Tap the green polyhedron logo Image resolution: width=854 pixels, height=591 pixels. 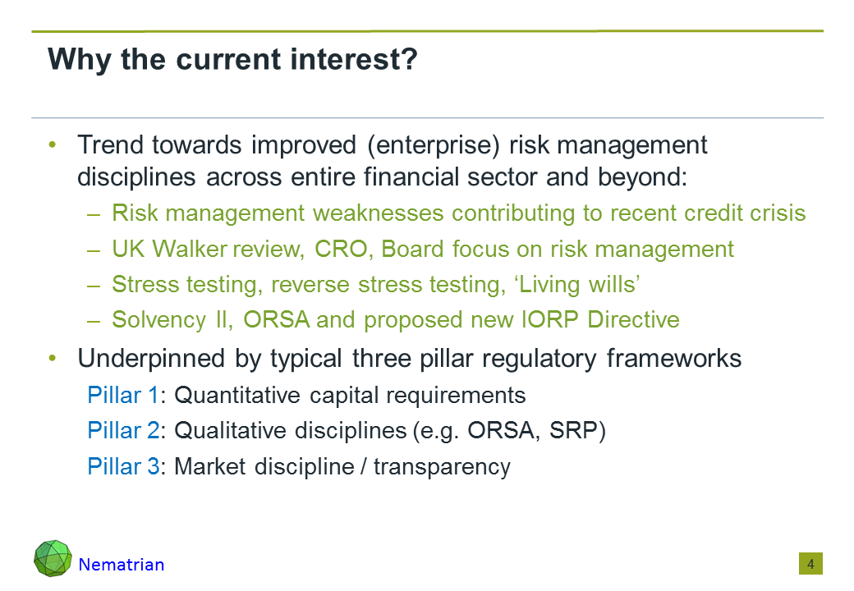53,558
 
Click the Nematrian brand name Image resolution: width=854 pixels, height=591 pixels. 122,565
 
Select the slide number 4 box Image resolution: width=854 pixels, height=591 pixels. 810,564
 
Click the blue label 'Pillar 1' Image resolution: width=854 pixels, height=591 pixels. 123,395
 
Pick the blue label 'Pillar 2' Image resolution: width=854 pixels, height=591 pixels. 124,430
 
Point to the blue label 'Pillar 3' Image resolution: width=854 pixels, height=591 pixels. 124,466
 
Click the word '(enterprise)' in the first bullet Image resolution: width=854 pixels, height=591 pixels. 434,146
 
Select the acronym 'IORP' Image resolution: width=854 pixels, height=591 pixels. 550,319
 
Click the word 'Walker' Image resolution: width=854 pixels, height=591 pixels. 190,250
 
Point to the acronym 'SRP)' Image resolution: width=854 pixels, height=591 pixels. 577,430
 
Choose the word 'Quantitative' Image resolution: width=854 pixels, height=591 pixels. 237,395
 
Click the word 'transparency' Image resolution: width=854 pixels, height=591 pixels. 442,467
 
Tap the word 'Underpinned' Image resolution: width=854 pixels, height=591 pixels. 151,359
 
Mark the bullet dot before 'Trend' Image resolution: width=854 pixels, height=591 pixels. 53,144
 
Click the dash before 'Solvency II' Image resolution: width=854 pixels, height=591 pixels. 94,321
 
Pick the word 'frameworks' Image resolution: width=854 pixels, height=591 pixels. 674,359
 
